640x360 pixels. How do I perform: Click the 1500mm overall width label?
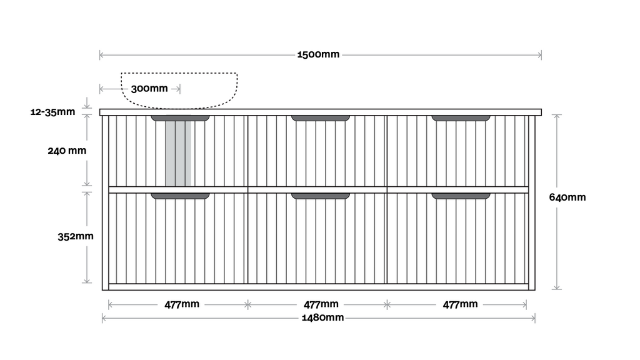319,54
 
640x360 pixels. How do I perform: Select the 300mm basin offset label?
149,89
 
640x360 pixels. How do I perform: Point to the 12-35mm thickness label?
52,112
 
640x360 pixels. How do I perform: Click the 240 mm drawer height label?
67,151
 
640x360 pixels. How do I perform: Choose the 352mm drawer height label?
76,237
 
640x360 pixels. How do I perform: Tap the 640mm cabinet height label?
567,197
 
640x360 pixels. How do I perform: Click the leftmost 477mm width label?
182,304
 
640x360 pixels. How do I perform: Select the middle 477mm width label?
321,304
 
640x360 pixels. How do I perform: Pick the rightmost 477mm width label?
460,304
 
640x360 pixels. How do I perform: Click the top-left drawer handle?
180,118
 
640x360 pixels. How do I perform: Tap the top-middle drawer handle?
321,118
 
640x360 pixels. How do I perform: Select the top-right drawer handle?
461,118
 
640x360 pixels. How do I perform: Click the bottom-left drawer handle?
180,196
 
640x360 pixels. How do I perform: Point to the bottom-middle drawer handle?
321,196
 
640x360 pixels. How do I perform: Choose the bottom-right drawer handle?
461,196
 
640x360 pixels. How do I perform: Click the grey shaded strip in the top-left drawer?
178,154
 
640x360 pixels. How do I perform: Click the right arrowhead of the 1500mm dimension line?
539,55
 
